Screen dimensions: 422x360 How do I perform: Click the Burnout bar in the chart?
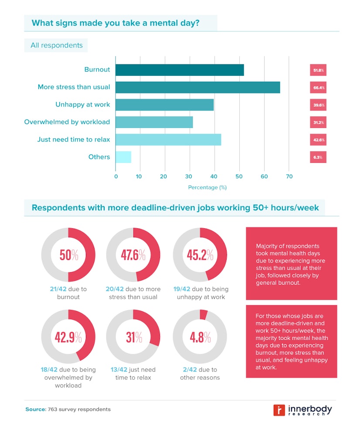pyautogui.click(x=180, y=70)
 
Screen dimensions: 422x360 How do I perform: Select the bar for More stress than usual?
pyautogui.click(x=198, y=87)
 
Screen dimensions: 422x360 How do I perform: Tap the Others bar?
pyautogui.click(x=123, y=157)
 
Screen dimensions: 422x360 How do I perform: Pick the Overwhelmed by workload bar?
pyautogui.click(x=154, y=122)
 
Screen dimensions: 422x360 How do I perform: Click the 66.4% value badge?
pyautogui.click(x=318, y=88)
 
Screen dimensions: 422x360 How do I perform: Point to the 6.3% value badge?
pyautogui.click(x=318, y=157)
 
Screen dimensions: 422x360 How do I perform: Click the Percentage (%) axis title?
pyautogui.click(x=207, y=187)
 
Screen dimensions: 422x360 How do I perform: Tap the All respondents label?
pyautogui.click(x=57, y=45)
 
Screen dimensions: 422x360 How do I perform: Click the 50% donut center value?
pyautogui.click(x=68, y=255)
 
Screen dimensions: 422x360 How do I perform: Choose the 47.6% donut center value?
pyautogui.click(x=133, y=255)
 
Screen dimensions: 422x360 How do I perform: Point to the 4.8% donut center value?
pyautogui.click(x=200, y=337)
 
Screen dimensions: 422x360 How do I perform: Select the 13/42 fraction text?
pyautogui.click(x=119, y=370)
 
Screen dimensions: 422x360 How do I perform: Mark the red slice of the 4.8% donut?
pyautogui.click(x=204, y=314)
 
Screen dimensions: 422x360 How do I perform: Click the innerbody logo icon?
pyautogui.click(x=279, y=410)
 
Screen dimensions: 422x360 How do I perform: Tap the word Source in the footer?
pyautogui.click(x=35, y=409)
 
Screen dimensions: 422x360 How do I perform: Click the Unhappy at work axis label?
pyautogui.click(x=83, y=105)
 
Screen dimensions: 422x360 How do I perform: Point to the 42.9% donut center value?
pyautogui.click(x=68, y=337)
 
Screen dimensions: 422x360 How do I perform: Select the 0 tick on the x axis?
pyautogui.click(x=116, y=176)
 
